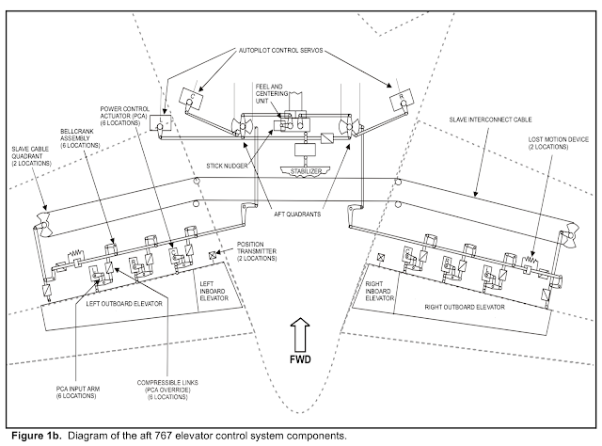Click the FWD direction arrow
pyautogui.click(x=300, y=334)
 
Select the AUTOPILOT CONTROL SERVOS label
pyautogui.click(x=280, y=51)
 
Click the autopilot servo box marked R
pyautogui.click(x=402, y=99)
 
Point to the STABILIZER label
pyautogui.click(x=306, y=171)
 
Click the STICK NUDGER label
pyautogui.click(x=227, y=166)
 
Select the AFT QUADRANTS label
pyautogui.click(x=297, y=214)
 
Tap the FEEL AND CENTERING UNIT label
pyautogui.click(x=272, y=94)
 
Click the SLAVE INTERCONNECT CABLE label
pyautogui.click(x=490, y=119)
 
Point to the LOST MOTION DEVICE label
pyautogui.click(x=558, y=143)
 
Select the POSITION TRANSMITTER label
pyautogui.click(x=257, y=251)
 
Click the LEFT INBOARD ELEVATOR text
pyautogui.click(x=214, y=291)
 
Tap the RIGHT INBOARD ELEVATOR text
pyautogui.click(x=378, y=291)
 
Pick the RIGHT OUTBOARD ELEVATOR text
pyautogui.click(x=465, y=307)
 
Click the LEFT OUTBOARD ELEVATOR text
pyautogui.click(x=124, y=304)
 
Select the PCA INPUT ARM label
pyautogui.click(x=77, y=392)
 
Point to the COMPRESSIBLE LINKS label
pyautogui.click(x=167, y=390)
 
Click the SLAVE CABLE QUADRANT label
pyautogui.click(x=31, y=156)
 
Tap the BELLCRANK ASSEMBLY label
pyautogui.click(x=80, y=138)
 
